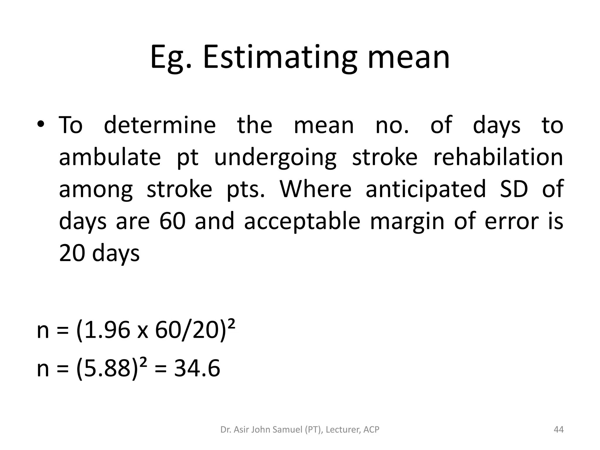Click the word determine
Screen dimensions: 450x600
160,125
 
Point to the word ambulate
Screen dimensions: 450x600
110,157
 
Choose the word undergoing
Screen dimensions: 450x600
275,157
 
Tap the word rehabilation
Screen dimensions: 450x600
498,157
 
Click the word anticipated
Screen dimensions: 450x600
426,189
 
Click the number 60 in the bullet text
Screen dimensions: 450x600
173,221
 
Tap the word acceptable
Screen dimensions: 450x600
302,221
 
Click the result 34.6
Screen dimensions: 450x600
197,368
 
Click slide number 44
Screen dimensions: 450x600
559,430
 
